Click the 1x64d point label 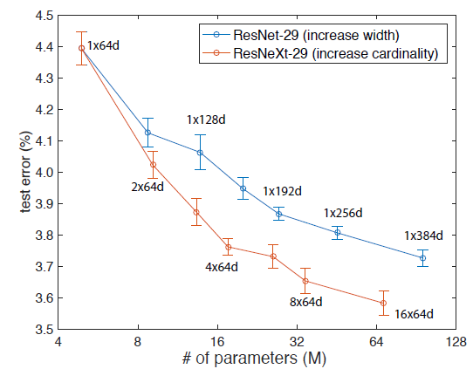point(104,45)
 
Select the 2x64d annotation point(147,188)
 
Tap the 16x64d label point(414,314)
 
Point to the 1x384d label point(423,236)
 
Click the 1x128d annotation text point(206,120)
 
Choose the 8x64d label point(306,302)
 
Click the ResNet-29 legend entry point(301,35)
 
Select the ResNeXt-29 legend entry point(320,54)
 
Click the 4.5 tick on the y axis point(45,16)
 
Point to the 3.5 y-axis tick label point(45,330)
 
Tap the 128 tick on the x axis point(456,342)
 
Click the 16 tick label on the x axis point(217,342)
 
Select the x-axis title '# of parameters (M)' point(254,359)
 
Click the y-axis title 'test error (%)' point(26,172)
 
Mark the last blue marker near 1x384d point(423,258)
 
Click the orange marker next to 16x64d point(383,303)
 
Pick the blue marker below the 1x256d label point(338,232)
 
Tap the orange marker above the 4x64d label point(229,247)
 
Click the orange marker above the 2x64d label point(153,165)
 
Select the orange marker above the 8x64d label point(305,281)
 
